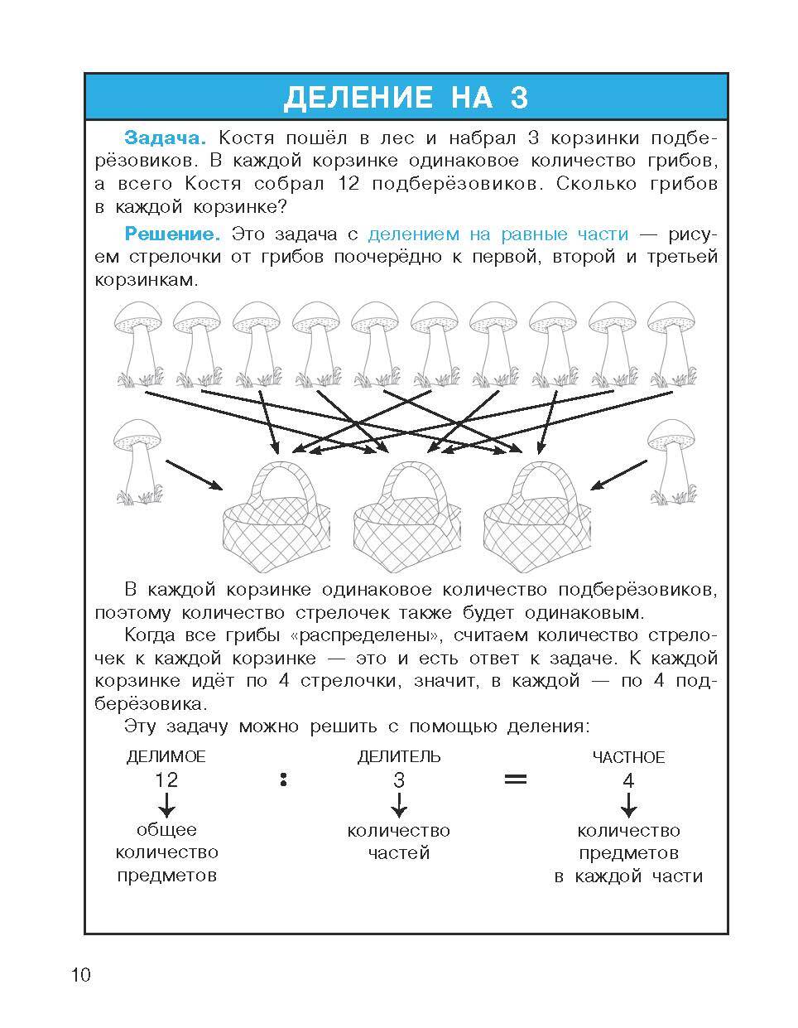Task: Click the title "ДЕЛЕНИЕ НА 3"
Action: click(406, 97)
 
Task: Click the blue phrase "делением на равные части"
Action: click(498, 234)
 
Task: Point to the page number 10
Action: click(80, 974)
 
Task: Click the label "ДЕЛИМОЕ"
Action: click(166, 756)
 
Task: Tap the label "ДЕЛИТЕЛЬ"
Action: click(399, 756)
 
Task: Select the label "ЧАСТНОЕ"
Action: click(628, 757)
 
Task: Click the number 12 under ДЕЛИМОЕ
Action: click(166, 779)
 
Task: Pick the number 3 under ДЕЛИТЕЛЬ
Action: click(399, 779)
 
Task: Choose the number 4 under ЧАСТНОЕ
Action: click(628, 780)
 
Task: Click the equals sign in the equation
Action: click(516, 779)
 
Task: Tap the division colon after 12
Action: click(283, 779)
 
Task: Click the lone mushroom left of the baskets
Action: click(137, 460)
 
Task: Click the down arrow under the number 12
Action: click(166, 804)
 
